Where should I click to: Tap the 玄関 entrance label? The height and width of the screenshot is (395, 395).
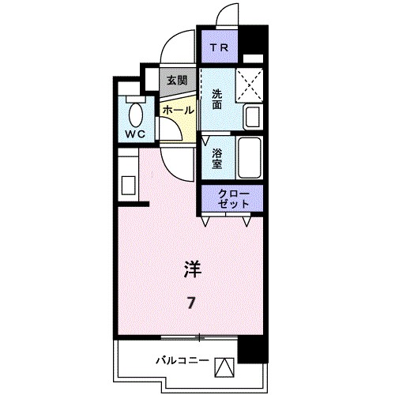point(177,80)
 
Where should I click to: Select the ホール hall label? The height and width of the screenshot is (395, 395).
point(177,111)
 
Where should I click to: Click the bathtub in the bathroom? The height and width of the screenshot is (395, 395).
point(250,157)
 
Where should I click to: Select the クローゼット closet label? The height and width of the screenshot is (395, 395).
point(235,198)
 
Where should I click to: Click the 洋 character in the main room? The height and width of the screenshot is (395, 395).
point(192,269)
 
